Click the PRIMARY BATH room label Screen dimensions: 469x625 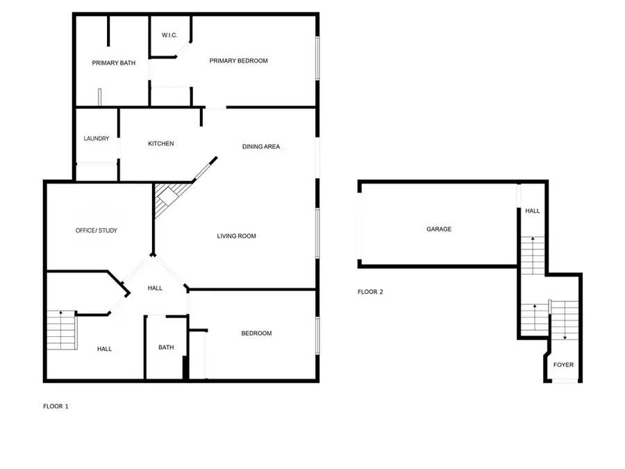pyautogui.click(x=113, y=63)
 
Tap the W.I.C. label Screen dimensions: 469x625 pyautogui.click(x=171, y=35)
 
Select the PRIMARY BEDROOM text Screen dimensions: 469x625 pyautogui.click(x=238, y=61)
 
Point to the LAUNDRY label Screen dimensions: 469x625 pyautogui.click(x=97, y=139)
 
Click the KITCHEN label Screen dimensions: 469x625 pyautogui.click(x=160, y=144)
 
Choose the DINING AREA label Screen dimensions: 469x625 pyautogui.click(x=260, y=147)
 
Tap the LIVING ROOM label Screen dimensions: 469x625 pyautogui.click(x=236, y=236)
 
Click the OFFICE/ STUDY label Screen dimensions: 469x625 pyautogui.click(x=97, y=231)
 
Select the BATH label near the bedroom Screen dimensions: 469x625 pyautogui.click(x=166, y=348)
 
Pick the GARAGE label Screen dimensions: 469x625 pyautogui.click(x=439, y=229)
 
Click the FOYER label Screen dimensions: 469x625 pyautogui.click(x=563, y=365)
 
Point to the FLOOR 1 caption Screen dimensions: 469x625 pyautogui.click(x=56, y=406)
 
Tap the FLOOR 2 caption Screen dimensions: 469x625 pyautogui.click(x=370, y=293)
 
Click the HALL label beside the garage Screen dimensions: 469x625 pyautogui.click(x=533, y=211)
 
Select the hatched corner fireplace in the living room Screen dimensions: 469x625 pyautogui.click(x=169, y=197)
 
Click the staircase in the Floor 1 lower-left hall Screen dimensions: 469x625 pyautogui.click(x=61, y=331)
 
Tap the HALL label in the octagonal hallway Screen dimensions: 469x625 pyautogui.click(x=155, y=288)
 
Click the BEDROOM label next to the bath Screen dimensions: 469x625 pyautogui.click(x=256, y=334)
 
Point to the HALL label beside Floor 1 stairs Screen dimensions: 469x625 pyautogui.click(x=104, y=349)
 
